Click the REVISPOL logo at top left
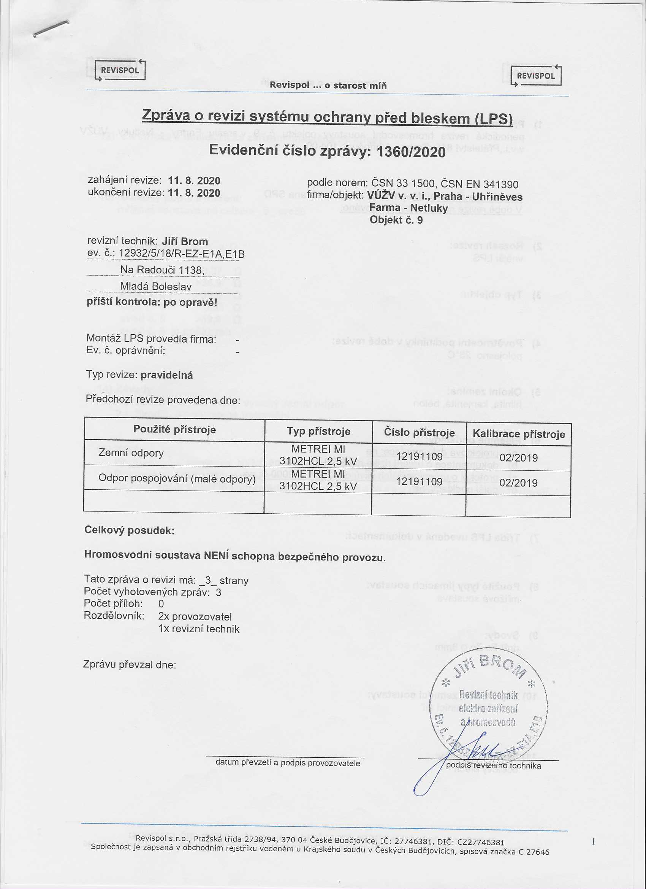pyautogui.click(x=119, y=71)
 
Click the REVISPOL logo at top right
pyautogui.click(x=535, y=75)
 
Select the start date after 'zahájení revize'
pyautogui.click(x=194, y=181)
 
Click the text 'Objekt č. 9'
pyautogui.click(x=396, y=219)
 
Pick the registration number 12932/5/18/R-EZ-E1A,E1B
pyautogui.click(x=181, y=254)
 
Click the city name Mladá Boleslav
pyautogui.click(x=155, y=287)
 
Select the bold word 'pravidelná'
pyautogui.click(x=166, y=375)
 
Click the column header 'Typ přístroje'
pyautogui.click(x=318, y=432)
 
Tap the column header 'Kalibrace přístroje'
pyautogui.click(x=519, y=434)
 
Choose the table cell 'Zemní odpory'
pyautogui.click(x=131, y=453)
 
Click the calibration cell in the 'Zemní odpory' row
pyautogui.click(x=518, y=458)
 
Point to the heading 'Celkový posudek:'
pyautogui.click(x=129, y=530)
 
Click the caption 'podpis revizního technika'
pyautogui.click(x=493, y=765)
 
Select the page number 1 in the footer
pyautogui.click(x=593, y=841)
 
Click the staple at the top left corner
pyautogui.click(x=51, y=29)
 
